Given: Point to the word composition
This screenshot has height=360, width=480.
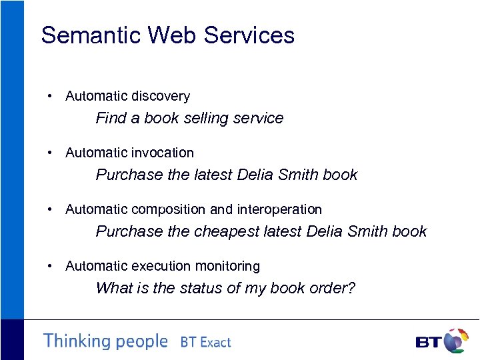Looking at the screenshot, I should click(x=169, y=209).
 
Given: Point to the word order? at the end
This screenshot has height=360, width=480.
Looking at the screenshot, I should click(x=332, y=288).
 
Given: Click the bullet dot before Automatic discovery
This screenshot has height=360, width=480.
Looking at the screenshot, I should click(x=51, y=97).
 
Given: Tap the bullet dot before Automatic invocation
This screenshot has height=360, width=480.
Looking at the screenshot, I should click(x=51, y=153).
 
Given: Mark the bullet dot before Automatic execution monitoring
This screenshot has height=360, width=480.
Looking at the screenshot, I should click(x=51, y=267).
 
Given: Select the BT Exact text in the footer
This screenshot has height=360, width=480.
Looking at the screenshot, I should click(x=205, y=343).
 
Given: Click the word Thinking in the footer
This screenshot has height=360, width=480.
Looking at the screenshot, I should click(x=77, y=341).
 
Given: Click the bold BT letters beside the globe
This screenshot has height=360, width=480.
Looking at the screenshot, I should click(x=427, y=343).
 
